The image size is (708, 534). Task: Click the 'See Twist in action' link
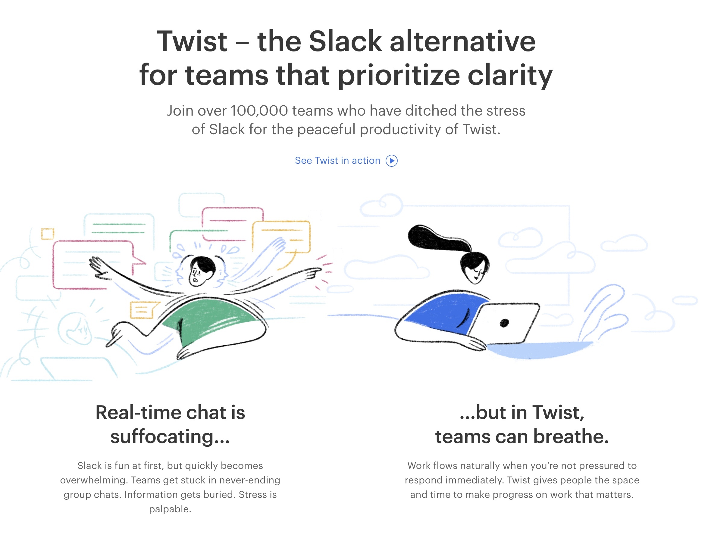346,160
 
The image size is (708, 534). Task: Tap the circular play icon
392,161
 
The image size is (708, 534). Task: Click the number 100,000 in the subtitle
259,111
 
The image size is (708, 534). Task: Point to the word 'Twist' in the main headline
192,41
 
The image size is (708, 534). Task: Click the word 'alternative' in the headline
463,41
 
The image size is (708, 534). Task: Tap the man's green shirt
211,320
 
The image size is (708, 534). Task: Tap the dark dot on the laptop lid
504,323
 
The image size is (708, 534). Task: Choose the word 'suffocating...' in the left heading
170,437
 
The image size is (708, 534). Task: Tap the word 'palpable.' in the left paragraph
170,509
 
